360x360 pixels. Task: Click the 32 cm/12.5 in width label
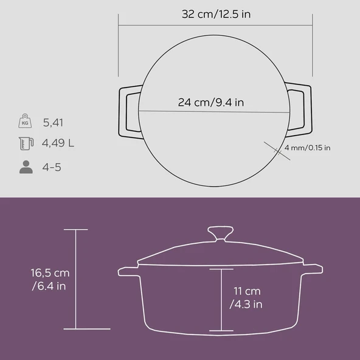[215, 14]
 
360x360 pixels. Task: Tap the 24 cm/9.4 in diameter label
[211, 102]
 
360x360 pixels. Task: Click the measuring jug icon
[26, 144]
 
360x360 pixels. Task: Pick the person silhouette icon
[26, 167]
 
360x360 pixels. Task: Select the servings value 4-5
[52, 167]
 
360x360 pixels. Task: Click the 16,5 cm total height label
[49, 279]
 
